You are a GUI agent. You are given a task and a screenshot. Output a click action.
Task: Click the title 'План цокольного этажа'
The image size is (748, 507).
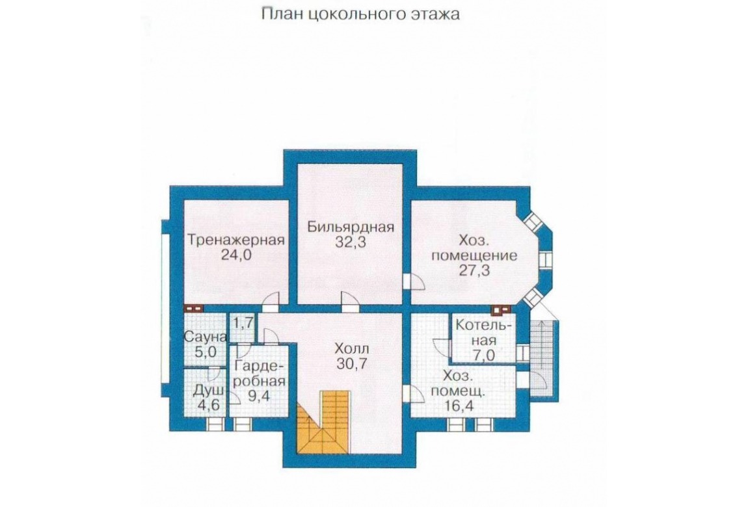tap(360, 14)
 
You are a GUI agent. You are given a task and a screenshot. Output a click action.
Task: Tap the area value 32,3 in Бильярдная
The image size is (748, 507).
tap(351, 242)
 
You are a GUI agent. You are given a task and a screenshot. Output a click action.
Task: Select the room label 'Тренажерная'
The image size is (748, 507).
tap(236, 240)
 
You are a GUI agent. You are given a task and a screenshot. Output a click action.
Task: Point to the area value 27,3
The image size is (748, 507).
tap(475, 270)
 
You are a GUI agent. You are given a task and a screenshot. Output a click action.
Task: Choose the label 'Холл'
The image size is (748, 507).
tap(353, 348)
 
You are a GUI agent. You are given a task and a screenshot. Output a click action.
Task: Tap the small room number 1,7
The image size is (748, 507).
tap(243, 324)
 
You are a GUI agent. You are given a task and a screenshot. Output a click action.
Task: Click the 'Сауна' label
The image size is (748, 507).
tap(205, 337)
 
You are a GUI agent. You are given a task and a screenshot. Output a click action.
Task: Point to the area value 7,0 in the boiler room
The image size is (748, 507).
tap(484, 355)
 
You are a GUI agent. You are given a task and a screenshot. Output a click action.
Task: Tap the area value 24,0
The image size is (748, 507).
tap(236, 254)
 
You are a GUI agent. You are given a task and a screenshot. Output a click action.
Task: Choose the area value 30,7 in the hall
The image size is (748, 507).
tap(353, 363)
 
